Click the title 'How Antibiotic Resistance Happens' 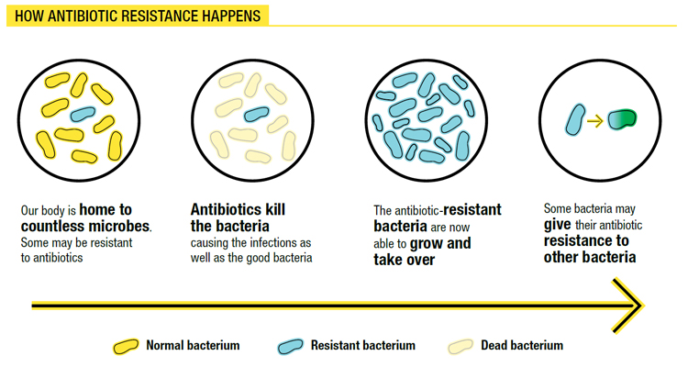pyautogui.click(x=138, y=17)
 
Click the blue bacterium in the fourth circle pyautogui.click(x=575, y=119)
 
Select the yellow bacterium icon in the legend pyautogui.click(x=126, y=347)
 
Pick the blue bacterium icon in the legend pyautogui.click(x=290, y=347)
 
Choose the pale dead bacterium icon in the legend pyautogui.click(x=461, y=347)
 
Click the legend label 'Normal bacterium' pyautogui.click(x=193, y=346)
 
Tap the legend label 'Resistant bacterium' pyautogui.click(x=362, y=346)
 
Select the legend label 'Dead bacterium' pyautogui.click(x=522, y=346)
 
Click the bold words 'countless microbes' pyautogui.click(x=85, y=227)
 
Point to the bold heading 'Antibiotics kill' pyautogui.click(x=238, y=209)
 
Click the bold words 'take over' pyautogui.click(x=404, y=260)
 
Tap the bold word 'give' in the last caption pyautogui.click(x=558, y=225)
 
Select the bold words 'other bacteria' pyautogui.click(x=590, y=257)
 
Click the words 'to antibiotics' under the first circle pyautogui.click(x=52, y=258)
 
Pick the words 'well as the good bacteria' pyautogui.click(x=251, y=258)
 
